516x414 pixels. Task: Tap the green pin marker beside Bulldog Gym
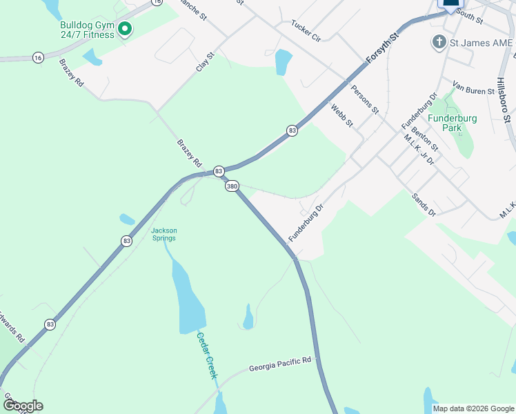125,29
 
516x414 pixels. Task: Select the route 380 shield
232,186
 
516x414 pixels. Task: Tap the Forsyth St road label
383,48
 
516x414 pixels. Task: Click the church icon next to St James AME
438,43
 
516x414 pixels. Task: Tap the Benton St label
424,139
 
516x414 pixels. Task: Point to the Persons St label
365,99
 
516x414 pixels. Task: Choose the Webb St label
341,115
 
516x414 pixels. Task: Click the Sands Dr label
424,205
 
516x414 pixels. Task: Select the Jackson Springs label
164,234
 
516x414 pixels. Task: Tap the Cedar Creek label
207,355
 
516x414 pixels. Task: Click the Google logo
23,406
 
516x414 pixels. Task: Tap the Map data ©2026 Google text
473,408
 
